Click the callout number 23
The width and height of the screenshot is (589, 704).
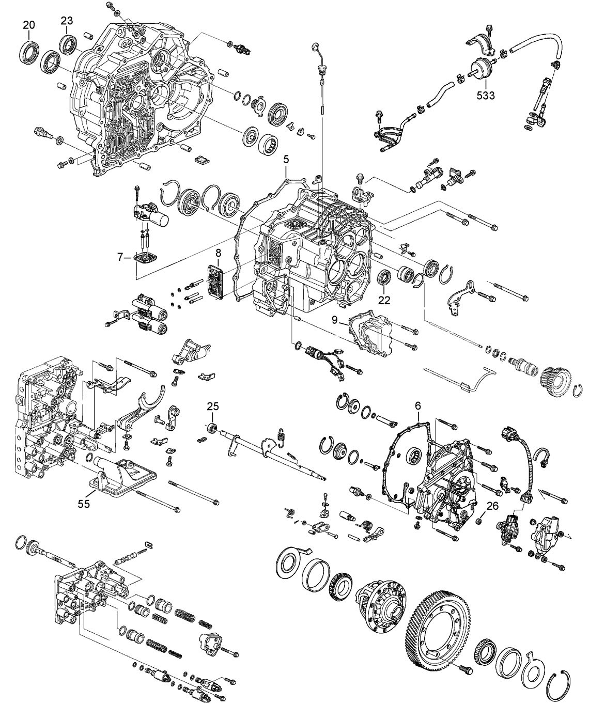click(x=67, y=21)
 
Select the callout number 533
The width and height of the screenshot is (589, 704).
click(x=485, y=95)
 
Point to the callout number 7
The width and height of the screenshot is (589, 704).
click(x=120, y=256)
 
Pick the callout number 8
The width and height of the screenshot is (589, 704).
click(x=218, y=253)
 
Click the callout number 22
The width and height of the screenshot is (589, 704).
click(x=384, y=299)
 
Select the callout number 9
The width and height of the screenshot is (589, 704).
click(x=335, y=320)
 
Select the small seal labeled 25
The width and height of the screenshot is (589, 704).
click(x=211, y=428)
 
